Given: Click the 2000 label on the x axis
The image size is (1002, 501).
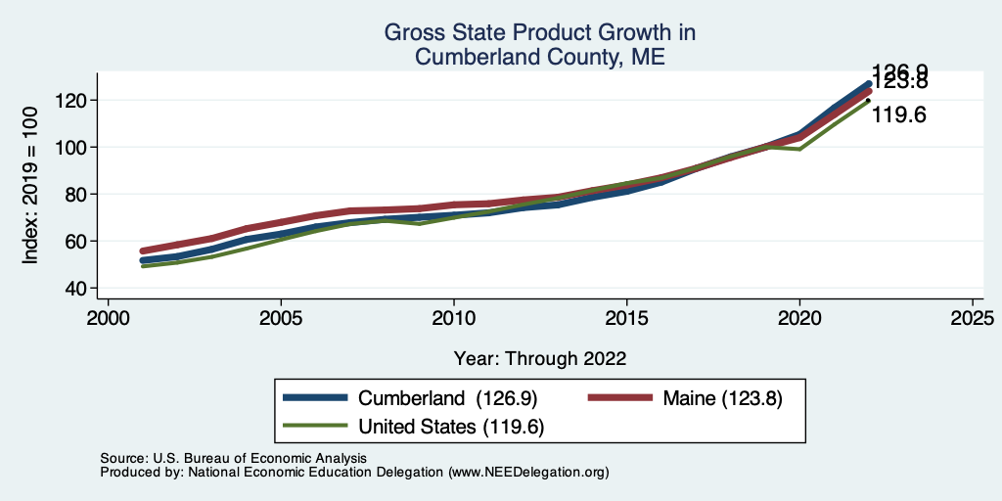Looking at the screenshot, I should click(x=108, y=319).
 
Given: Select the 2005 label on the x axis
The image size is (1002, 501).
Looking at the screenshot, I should click(x=281, y=319).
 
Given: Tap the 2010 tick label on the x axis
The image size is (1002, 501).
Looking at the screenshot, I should click(x=454, y=319).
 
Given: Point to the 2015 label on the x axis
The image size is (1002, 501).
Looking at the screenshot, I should click(x=626, y=319).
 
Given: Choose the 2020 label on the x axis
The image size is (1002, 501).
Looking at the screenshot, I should click(x=799, y=319).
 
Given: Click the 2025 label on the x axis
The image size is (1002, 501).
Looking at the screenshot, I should click(x=973, y=319).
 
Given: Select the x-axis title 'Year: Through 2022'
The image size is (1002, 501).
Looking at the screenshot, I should click(x=540, y=358).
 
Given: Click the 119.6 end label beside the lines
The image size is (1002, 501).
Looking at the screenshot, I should click(x=898, y=115).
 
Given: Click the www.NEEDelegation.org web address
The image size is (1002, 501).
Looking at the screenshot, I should click(x=528, y=472).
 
